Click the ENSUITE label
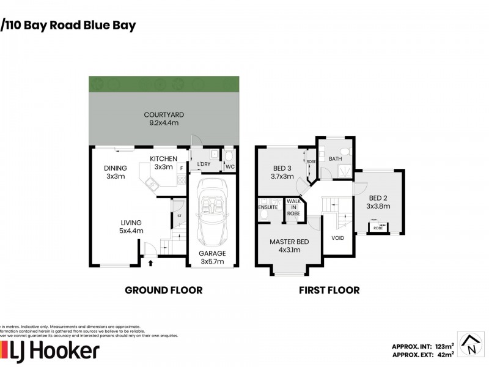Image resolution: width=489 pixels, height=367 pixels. click(x=268, y=207)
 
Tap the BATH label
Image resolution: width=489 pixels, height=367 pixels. click(x=335, y=159)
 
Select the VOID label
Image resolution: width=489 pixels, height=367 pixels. click(x=338, y=238)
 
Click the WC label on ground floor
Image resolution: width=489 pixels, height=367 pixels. click(x=229, y=166)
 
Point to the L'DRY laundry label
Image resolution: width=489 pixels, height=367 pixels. click(x=204, y=165)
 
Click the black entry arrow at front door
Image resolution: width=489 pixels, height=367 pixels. click(x=150, y=262)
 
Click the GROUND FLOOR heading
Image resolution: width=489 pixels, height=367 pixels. click(x=163, y=290)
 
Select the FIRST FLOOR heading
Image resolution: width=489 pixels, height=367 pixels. click(x=329, y=290)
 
